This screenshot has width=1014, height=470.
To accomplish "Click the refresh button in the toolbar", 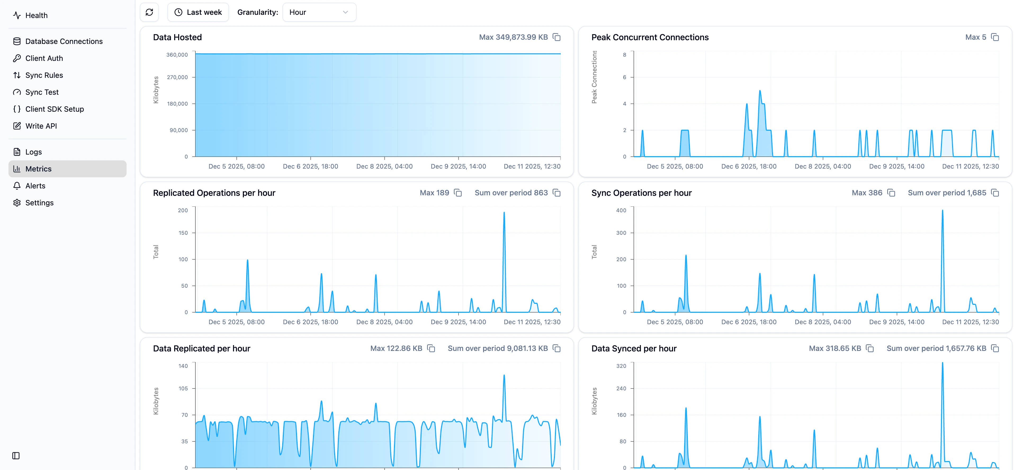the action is click(x=149, y=12).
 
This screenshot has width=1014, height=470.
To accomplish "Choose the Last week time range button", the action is click(x=198, y=12).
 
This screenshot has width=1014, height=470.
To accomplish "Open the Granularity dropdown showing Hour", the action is click(x=319, y=12).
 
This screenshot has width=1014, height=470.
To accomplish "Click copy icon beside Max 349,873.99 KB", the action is click(x=557, y=37).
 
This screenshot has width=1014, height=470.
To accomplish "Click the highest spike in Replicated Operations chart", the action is click(x=504, y=213).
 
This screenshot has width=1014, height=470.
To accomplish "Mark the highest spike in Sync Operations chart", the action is click(x=942, y=210).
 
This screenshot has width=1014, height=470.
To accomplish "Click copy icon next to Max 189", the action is click(x=458, y=193).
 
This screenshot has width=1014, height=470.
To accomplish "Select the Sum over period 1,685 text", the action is click(x=947, y=193).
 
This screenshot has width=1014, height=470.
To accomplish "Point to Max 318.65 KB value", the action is click(x=835, y=349).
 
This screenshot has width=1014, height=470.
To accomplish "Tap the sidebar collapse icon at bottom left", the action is click(x=16, y=455).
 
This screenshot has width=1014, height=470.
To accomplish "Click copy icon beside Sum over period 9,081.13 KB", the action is click(x=557, y=349).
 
